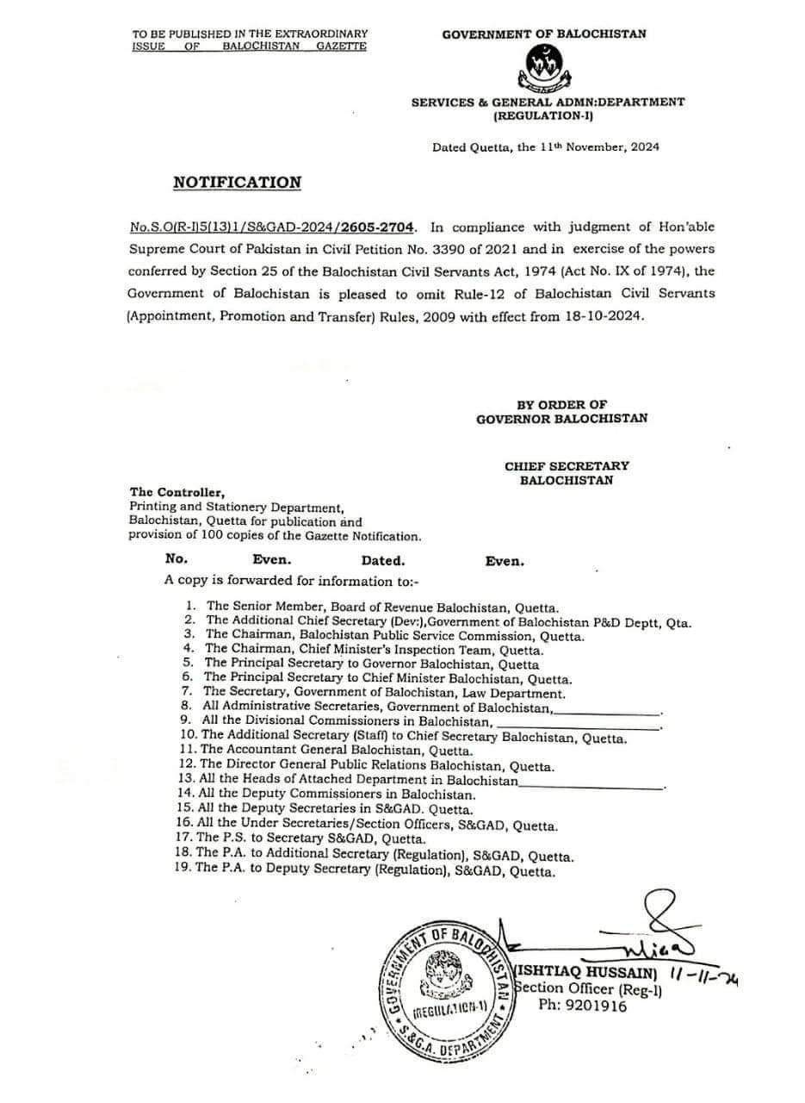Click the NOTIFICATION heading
(x=237, y=183)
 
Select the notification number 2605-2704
(x=377, y=227)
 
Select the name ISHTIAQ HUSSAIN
(x=586, y=972)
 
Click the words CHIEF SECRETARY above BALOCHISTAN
(x=567, y=466)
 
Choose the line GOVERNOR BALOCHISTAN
(x=561, y=419)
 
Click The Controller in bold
(x=177, y=493)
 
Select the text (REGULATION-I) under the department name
(x=548, y=115)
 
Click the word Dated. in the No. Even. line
(x=383, y=561)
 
